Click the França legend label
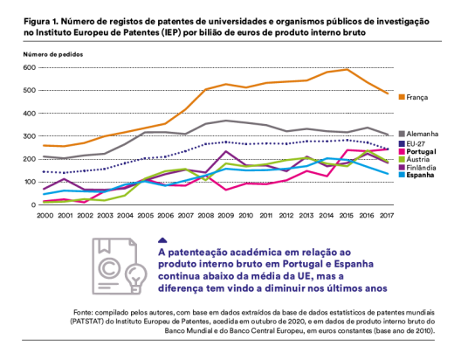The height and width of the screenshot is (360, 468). coord(417,97)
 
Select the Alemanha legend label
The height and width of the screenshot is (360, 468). coord(422,134)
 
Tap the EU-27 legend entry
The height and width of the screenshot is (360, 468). coord(416,143)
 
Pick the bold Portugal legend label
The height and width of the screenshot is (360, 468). coord(421,151)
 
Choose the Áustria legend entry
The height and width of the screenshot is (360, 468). coord(418,159)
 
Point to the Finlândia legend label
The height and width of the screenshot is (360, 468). coord(421,168)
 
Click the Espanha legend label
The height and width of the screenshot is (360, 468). coord(420,175)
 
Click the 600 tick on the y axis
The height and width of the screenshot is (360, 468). coord(30,67)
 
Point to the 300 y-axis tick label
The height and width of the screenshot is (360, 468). coord(30,136)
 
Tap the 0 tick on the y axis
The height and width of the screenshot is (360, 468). coord(33,205)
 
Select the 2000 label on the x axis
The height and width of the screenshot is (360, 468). coord(45,216)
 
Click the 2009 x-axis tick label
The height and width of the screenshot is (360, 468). coord(225,216)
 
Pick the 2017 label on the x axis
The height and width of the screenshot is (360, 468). coord(387,216)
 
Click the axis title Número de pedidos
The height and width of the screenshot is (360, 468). coord(53,55)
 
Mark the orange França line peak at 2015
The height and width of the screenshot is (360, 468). coord(347,70)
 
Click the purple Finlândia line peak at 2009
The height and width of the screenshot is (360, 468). coord(226,151)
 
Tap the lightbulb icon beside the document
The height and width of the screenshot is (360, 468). coord(136,278)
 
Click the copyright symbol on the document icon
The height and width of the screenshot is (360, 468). coord(109,267)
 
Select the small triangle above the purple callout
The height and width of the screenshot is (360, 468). coord(162,240)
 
